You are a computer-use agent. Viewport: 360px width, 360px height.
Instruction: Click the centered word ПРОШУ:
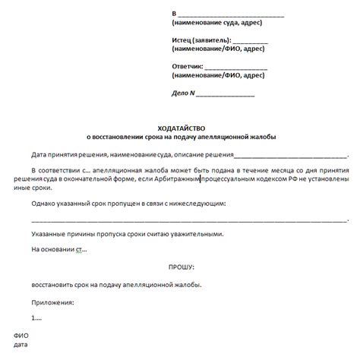pyautogui.click(x=180, y=267)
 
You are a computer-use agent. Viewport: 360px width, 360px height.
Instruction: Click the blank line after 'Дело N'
pyautogui.click(x=226, y=95)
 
